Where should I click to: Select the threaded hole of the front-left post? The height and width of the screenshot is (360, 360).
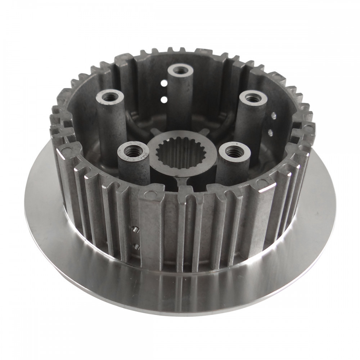132,150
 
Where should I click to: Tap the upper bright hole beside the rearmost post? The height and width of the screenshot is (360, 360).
164,83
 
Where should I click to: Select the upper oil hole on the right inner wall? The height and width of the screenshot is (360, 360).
274,116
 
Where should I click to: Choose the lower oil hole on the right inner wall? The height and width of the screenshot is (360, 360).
270,132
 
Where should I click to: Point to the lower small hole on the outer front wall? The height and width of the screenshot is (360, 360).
136,246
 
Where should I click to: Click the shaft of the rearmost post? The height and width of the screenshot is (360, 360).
180,101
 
